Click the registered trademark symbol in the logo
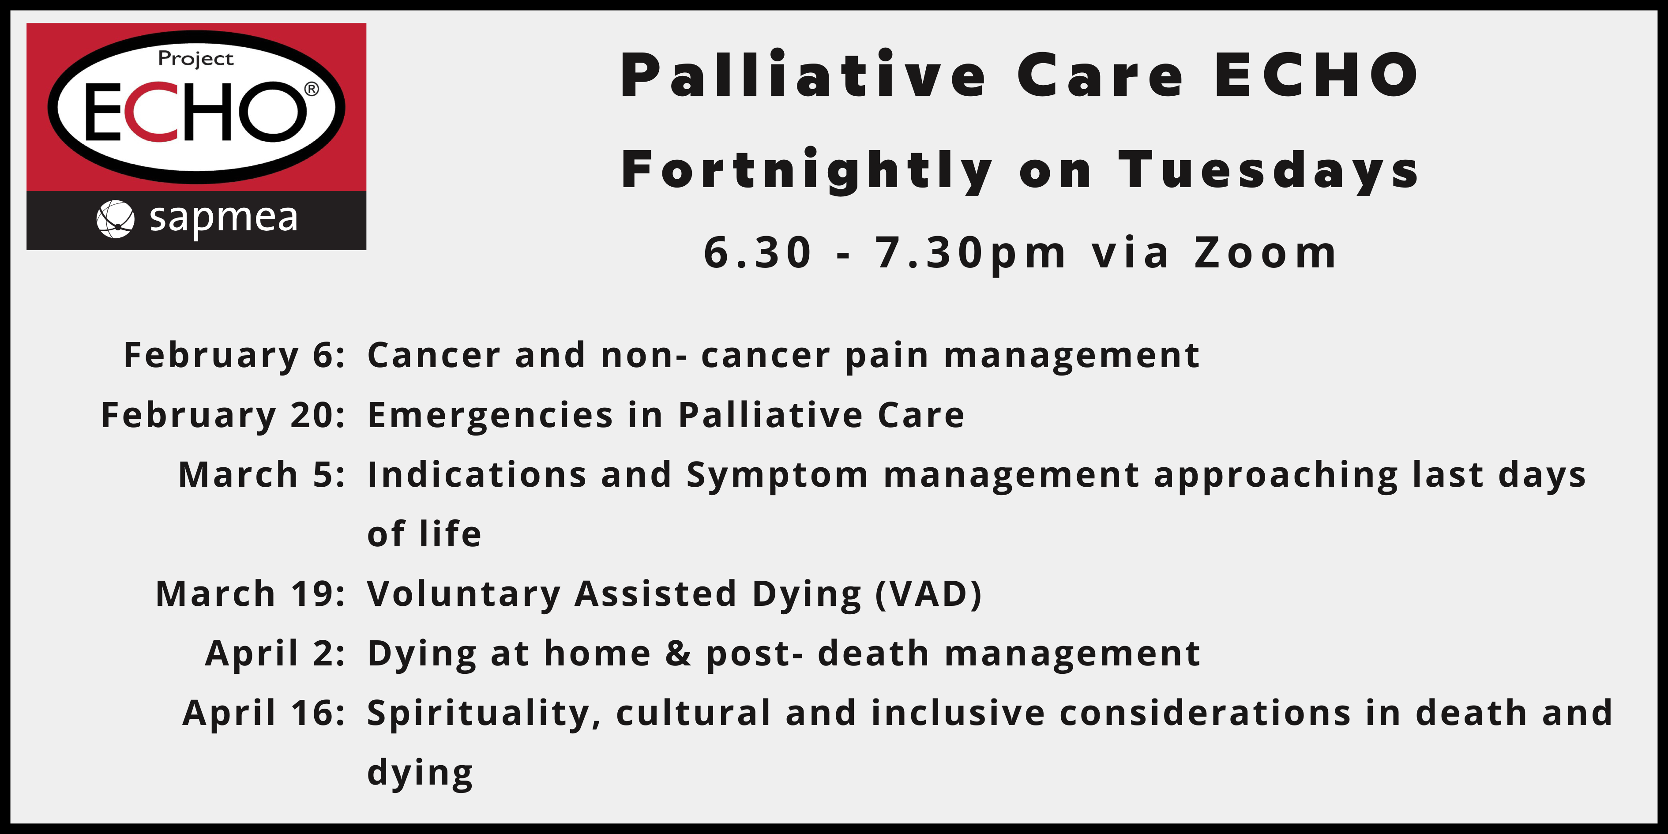[x=312, y=89]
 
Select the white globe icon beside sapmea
[x=115, y=219]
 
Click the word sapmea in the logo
[x=223, y=218]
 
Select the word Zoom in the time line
[x=1266, y=252]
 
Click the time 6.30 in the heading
[x=758, y=252]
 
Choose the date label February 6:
[x=234, y=356]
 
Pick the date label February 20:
[x=223, y=415]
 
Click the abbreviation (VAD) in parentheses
[x=928, y=594]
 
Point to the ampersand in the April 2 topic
[x=678, y=654]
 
